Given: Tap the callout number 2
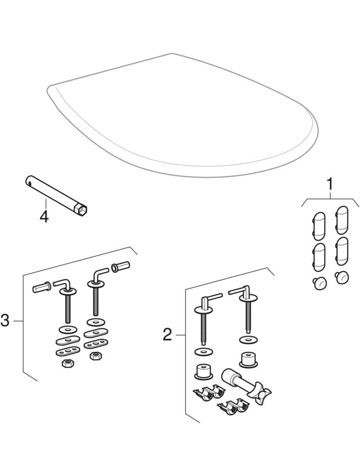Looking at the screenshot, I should (167, 334).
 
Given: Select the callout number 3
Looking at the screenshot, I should (5, 320).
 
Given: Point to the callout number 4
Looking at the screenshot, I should (44, 216).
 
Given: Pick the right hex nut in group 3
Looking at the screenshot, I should (95, 357).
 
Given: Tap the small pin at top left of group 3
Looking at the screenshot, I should (41, 288).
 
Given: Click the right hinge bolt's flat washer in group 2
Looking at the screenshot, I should (246, 339).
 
